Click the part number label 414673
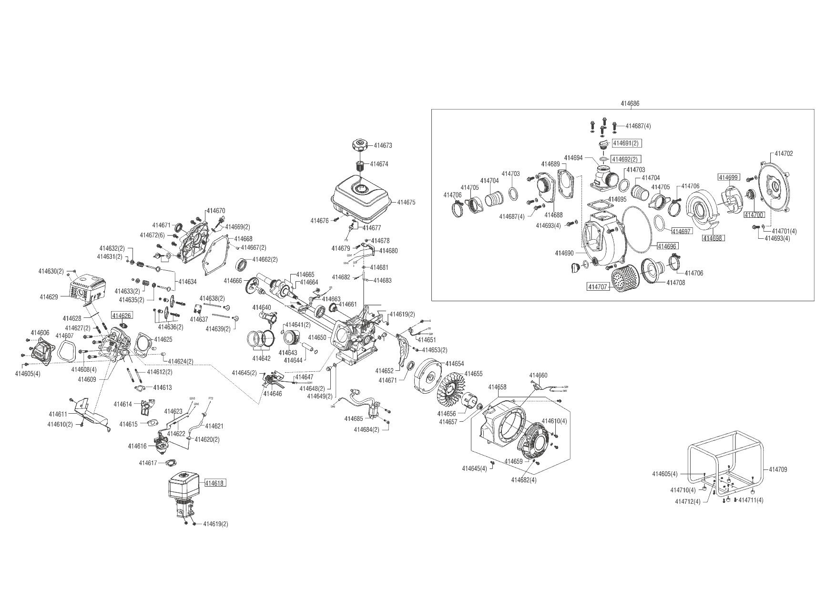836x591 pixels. click(x=383, y=145)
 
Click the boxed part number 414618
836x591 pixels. click(x=215, y=483)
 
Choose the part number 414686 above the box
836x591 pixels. click(x=630, y=103)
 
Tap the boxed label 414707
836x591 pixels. click(x=598, y=287)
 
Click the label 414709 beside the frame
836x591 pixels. click(x=778, y=469)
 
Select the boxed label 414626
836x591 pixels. click(x=122, y=316)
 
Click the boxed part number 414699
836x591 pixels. click(x=729, y=177)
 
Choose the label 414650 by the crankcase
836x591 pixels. click(x=317, y=337)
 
